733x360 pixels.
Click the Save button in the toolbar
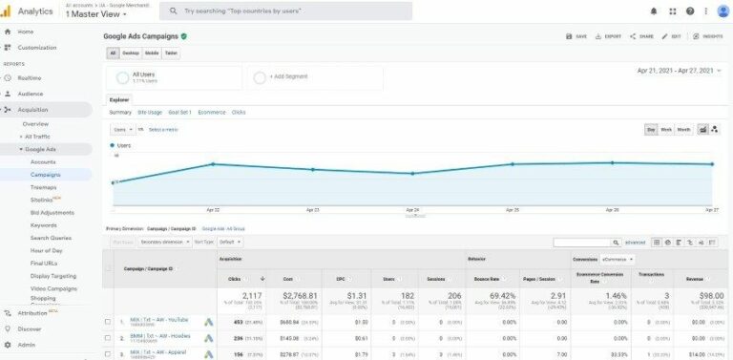(x=576, y=36)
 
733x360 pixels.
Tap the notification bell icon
(x=654, y=11)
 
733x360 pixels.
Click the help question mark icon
(x=690, y=11)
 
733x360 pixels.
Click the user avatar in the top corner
(x=723, y=11)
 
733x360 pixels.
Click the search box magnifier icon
(x=173, y=11)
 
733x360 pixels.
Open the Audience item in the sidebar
(x=31, y=94)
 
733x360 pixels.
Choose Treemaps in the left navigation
(x=43, y=187)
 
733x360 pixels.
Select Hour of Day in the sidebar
(x=47, y=249)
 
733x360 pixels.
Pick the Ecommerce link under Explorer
(x=211, y=112)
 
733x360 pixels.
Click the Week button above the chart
(x=666, y=129)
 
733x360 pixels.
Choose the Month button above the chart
(x=684, y=129)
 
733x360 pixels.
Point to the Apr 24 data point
(x=412, y=174)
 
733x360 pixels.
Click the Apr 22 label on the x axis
(x=213, y=209)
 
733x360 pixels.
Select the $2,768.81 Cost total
(x=294, y=297)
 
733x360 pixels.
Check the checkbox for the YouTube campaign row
(x=108, y=322)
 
